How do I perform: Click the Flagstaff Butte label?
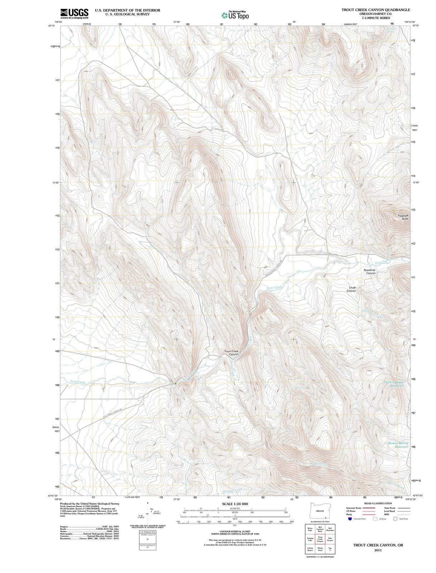(x=403, y=217)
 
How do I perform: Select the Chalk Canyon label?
(x=351, y=289)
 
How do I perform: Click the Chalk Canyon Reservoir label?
(x=393, y=384)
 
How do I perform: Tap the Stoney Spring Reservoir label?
(x=398, y=445)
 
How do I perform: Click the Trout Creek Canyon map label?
(x=231, y=353)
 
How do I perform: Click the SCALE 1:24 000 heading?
(x=235, y=504)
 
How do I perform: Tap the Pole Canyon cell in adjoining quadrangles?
(x=330, y=539)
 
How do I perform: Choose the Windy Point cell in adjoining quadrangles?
(x=320, y=549)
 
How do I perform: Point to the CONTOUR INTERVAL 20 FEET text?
(x=235, y=531)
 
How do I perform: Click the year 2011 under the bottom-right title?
(x=378, y=550)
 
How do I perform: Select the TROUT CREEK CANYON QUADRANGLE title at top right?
(x=376, y=10)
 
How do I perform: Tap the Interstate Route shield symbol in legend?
(x=350, y=519)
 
